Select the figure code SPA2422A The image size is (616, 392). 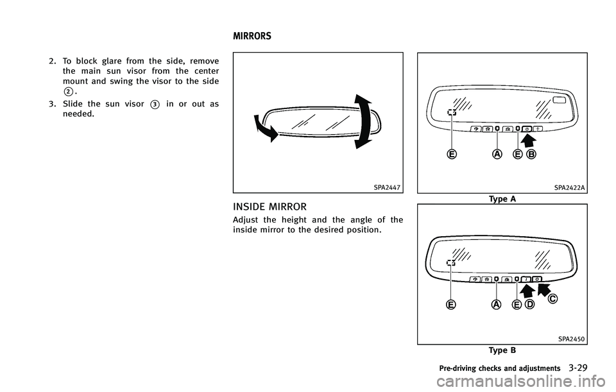pos(570,187)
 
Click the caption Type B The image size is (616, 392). pos(502,350)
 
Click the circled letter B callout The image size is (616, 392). pos(531,154)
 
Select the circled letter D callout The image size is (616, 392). pos(530,304)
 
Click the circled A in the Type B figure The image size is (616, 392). pos(497,305)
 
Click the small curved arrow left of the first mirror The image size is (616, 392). pos(267,128)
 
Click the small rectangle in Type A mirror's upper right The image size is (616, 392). pos(558,101)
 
